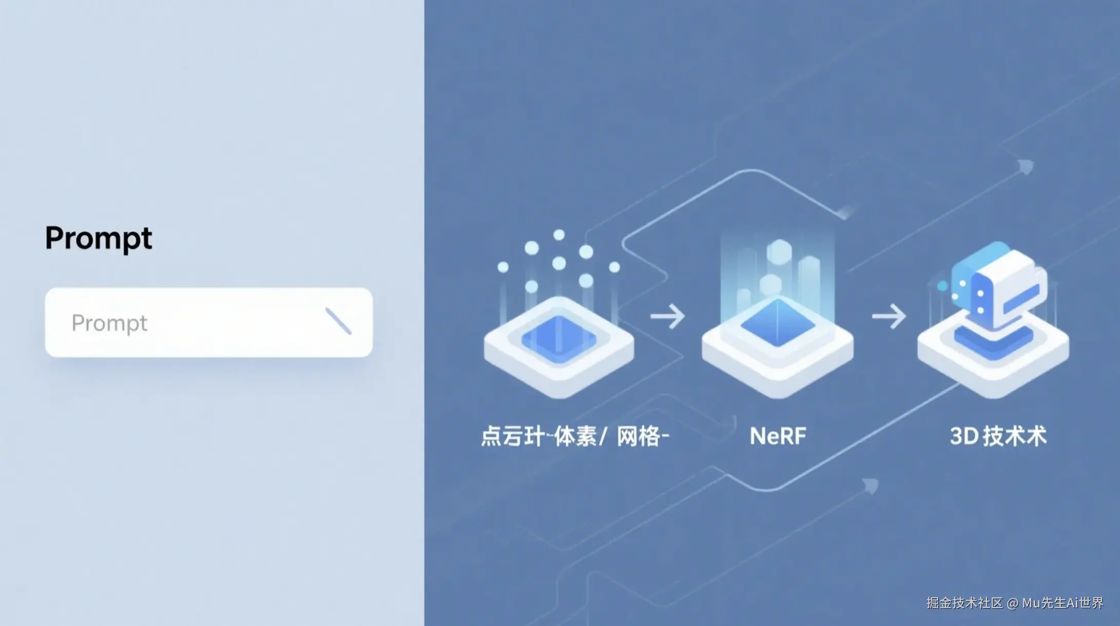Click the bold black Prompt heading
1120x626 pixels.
point(99,238)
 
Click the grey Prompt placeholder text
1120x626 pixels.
point(109,323)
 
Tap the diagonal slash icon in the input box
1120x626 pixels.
point(338,321)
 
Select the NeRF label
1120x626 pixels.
point(778,436)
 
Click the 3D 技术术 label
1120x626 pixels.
point(998,436)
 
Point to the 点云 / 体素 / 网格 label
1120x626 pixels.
point(574,436)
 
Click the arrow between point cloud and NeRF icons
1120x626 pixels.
point(667,316)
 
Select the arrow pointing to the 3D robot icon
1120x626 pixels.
point(889,316)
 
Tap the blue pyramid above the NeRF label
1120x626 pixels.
point(777,322)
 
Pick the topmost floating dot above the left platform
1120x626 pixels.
point(559,235)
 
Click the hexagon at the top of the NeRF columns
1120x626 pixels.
point(779,252)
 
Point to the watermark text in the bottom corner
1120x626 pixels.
point(1015,603)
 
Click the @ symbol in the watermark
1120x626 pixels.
point(1013,603)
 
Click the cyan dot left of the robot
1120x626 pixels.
point(942,286)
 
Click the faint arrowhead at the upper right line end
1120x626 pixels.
point(1025,167)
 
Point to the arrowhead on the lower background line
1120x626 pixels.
point(870,485)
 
